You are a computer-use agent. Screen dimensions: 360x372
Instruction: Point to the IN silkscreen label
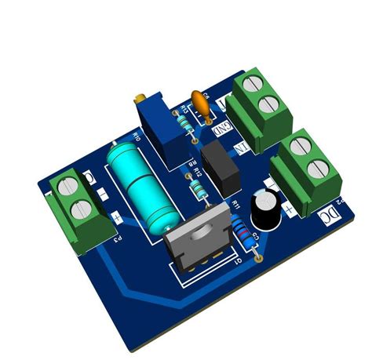coord(243,147)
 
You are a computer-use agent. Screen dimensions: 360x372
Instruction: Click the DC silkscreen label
coord(334,212)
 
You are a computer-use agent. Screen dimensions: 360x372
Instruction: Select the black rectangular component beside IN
coord(221,166)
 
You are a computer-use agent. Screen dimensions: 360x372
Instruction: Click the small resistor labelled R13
coord(185,125)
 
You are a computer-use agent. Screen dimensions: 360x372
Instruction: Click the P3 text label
coord(116,238)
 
